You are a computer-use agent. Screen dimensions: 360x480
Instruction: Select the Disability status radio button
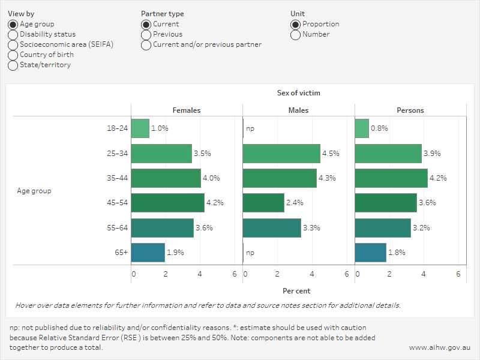tap(13, 35)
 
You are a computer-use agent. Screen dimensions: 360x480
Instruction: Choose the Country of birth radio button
tap(13, 55)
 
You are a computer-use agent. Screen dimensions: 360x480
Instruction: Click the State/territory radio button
tap(13, 65)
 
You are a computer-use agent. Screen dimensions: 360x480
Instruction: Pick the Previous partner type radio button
tap(146, 35)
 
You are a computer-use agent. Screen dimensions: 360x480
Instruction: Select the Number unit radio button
tap(295, 35)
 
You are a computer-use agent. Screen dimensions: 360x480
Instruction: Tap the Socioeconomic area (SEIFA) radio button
tap(13, 45)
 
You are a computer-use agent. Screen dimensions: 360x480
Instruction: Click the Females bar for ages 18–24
tap(140, 128)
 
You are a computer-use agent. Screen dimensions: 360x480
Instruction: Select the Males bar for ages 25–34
tap(281, 154)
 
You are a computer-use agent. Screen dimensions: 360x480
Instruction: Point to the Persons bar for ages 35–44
tap(391, 178)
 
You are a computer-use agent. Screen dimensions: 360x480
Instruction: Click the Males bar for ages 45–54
tap(263, 203)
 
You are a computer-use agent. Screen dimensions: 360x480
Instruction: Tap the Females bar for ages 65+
tap(148, 253)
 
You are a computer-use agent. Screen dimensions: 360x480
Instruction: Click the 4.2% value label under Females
tap(215, 203)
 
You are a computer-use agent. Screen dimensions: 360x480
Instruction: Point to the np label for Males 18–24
tap(250, 128)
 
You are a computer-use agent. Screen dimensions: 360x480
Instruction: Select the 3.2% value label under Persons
tap(421, 228)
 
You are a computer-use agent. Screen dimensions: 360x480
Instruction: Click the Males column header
tap(298, 110)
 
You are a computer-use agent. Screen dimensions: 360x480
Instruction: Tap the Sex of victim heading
tap(298, 93)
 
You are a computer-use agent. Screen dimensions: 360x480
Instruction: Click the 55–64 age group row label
tap(118, 228)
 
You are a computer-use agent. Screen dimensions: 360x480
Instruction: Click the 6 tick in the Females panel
tap(235, 274)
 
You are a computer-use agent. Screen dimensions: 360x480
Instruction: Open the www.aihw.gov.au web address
tap(440, 347)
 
